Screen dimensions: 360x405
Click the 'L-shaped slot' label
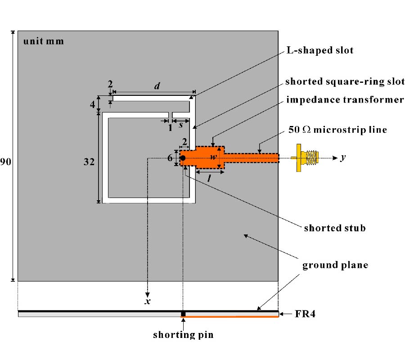(319, 50)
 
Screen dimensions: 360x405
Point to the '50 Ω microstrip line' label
(337, 130)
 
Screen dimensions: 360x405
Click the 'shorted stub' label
(333, 228)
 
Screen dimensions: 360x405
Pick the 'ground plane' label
(335, 265)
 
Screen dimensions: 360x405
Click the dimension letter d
(156, 86)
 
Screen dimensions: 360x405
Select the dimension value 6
(170, 158)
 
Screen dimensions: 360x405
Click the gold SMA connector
(306, 157)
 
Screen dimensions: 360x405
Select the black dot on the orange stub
(183, 157)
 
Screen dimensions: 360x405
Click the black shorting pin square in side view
(183, 314)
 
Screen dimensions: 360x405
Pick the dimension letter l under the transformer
(209, 178)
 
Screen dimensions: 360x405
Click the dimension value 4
(93, 105)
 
